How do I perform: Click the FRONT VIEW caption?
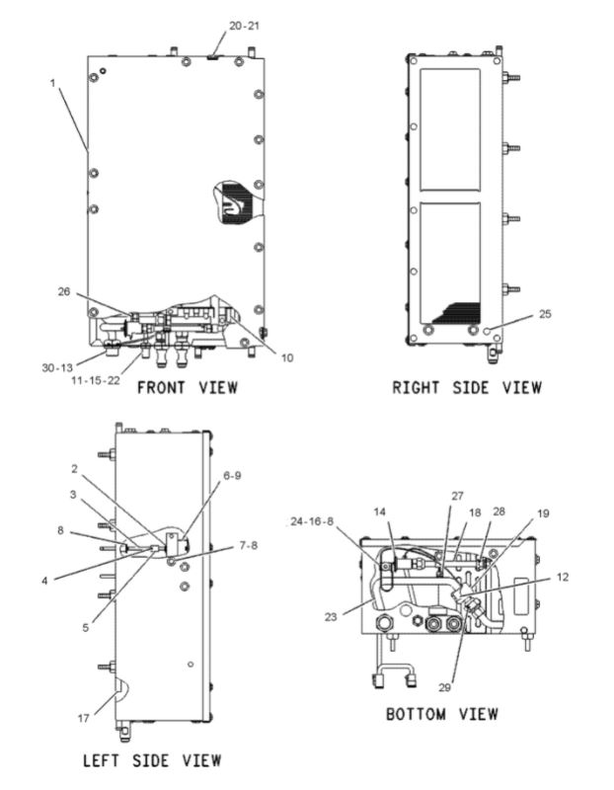[187, 387]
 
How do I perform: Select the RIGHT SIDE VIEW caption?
[467, 387]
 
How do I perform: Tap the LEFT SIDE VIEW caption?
[152, 759]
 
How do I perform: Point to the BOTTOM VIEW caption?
[441, 713]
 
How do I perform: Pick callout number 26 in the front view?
[65, 291]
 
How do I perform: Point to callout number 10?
[286, 356]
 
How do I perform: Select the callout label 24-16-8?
[313, 520]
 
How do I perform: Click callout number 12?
[561, 577]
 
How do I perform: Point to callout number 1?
[52, 83]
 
